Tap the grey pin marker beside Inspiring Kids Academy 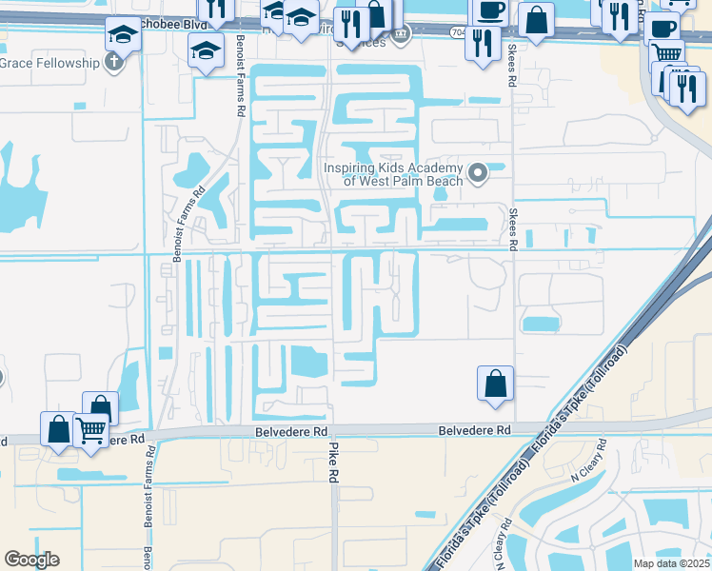tap(478, 173)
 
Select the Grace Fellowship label tap(49, 63)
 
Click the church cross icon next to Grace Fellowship tap(113, 64)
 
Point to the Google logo tap(31, 560)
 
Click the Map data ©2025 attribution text tap(671, 563)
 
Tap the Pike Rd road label tap(334, 461)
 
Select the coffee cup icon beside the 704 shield tap(490, 10)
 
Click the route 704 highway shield tap(459, 31)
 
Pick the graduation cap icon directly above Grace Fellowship tap(123, 35)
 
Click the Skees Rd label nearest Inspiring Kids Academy tap(512, 229)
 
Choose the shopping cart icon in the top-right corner tap(667, 52)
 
